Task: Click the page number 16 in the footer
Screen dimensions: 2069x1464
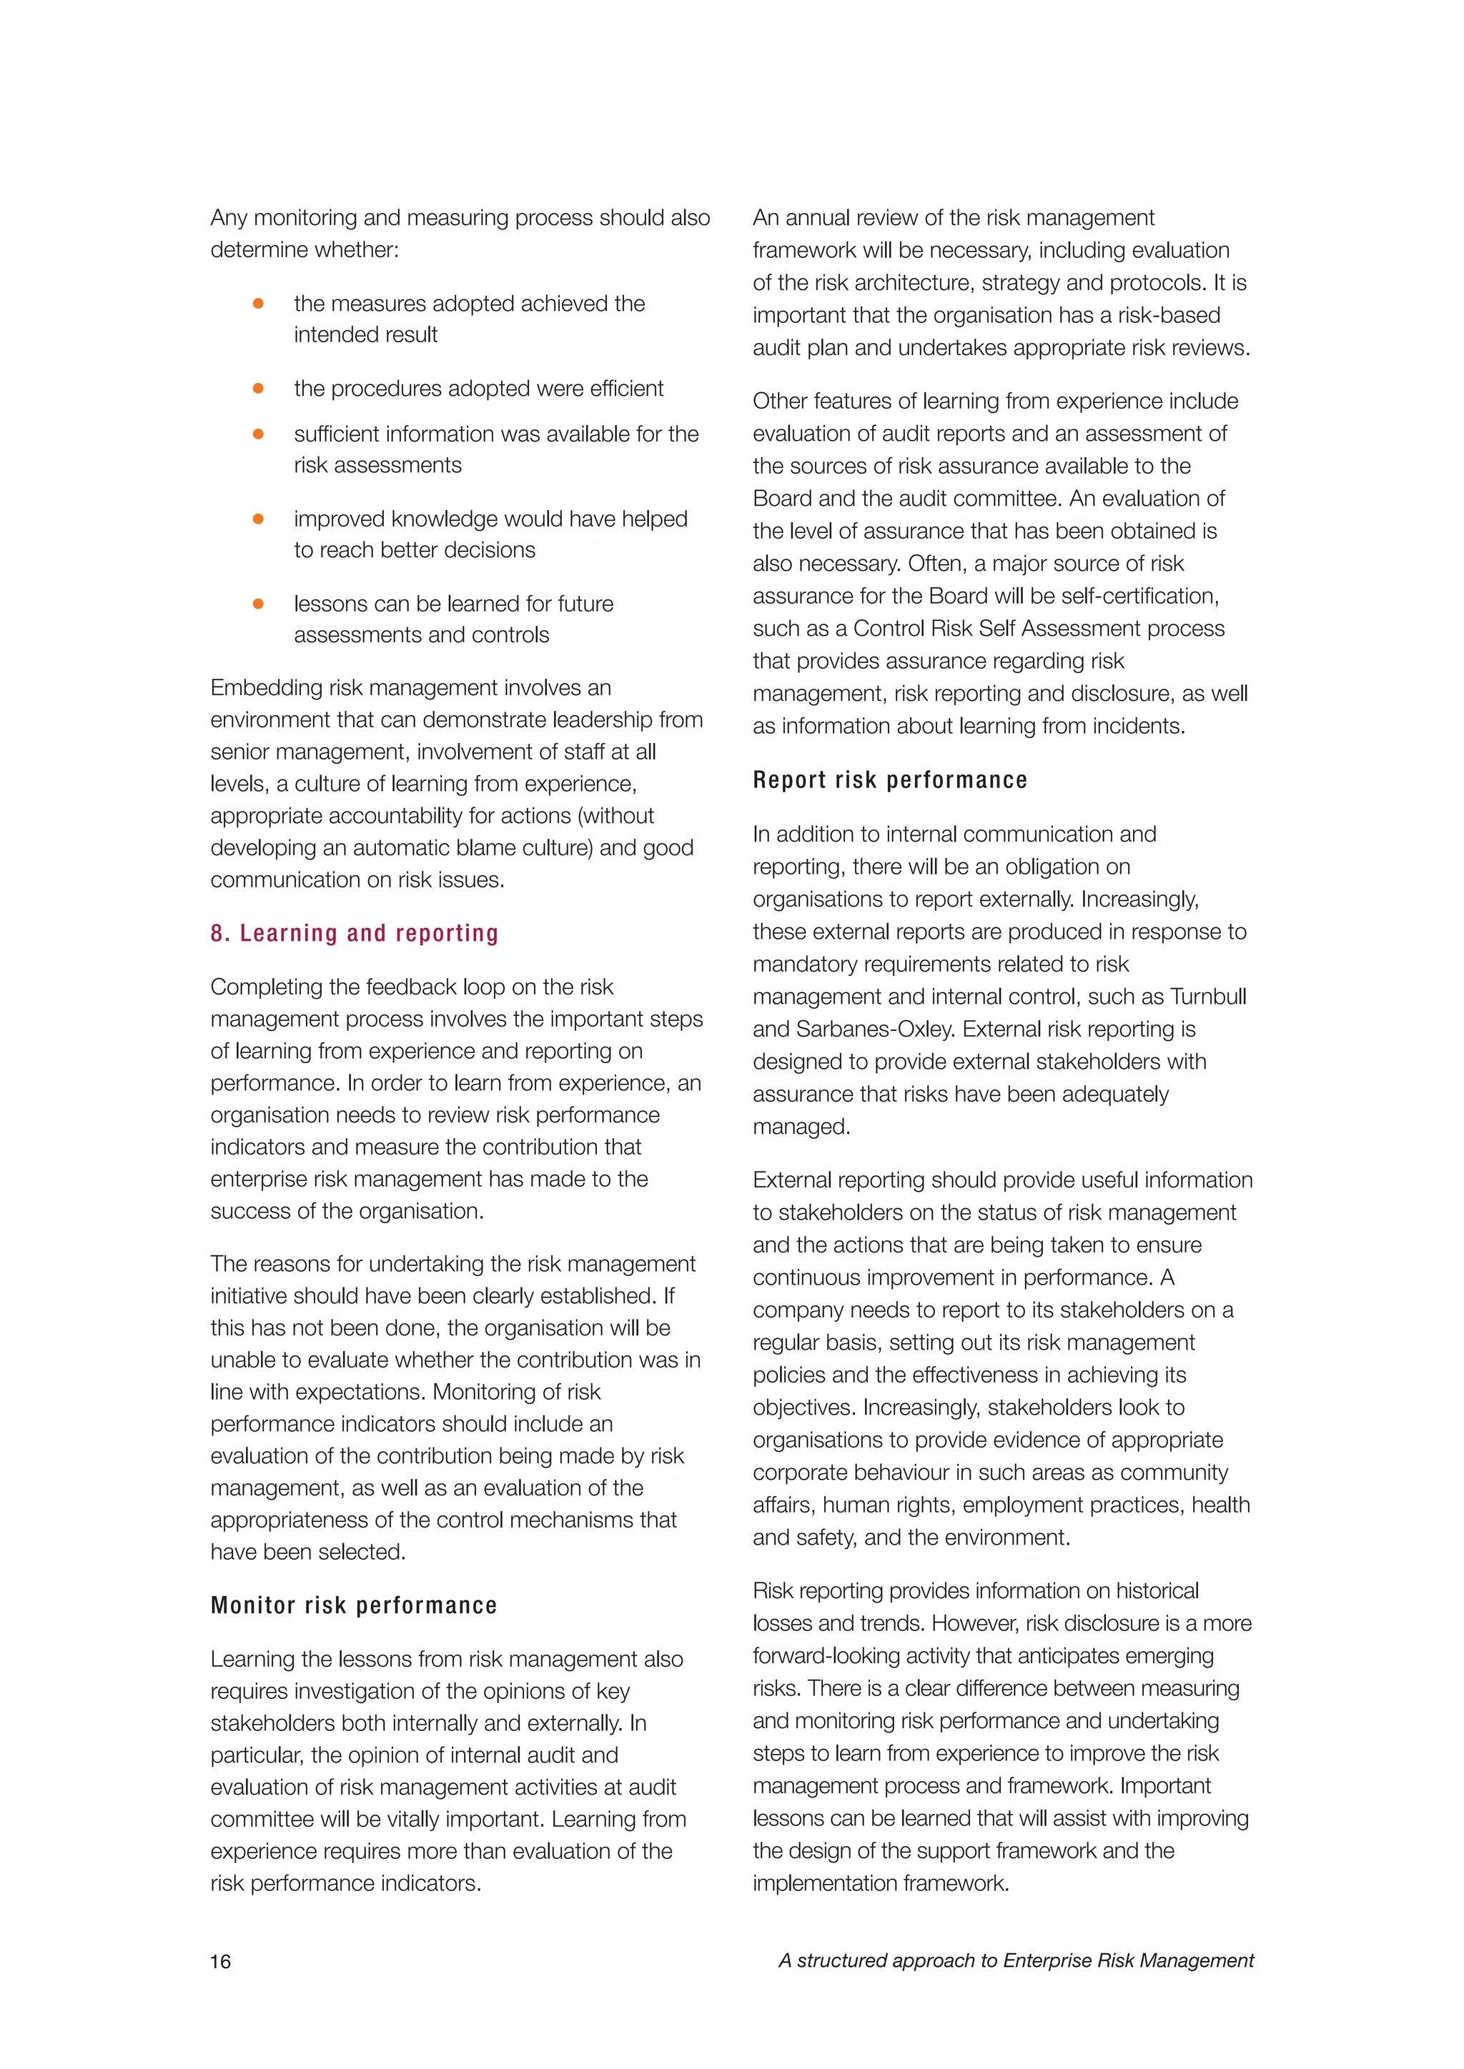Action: (221, 1962)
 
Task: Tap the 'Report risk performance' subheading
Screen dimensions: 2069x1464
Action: (890, 779)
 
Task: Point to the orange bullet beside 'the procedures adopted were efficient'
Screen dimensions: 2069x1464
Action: (258, 389)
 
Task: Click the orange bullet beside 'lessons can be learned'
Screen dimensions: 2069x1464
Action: (258, 604)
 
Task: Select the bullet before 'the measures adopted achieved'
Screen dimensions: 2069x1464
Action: (258, 304)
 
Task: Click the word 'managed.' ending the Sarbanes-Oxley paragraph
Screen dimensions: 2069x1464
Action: (801, 1127)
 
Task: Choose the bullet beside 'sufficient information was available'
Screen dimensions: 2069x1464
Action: (258, 434)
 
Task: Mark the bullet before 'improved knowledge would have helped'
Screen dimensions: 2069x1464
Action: (258, 519)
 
